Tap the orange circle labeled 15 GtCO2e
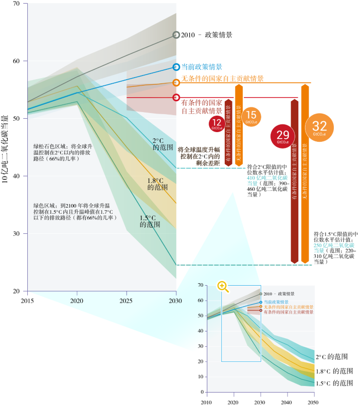click(251, 117)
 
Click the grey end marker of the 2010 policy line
click(176, 35)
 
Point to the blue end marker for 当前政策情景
click(176, 67)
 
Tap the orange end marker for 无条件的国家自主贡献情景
click(176, 82)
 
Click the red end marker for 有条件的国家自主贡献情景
click(176, 97)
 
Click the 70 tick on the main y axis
click(16, 4)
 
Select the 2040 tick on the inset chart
click(287, 401)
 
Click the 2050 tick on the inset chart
click(314, 401)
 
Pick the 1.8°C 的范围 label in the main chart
click(156, 184)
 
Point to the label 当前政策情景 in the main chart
click(202, 67)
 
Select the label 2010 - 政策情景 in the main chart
click(207, 35)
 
